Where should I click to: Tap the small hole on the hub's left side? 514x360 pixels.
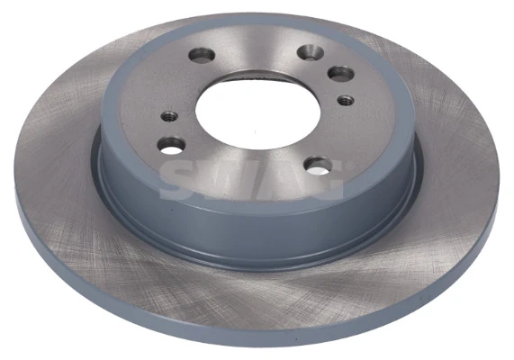tap(168, 116)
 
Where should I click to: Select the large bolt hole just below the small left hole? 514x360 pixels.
tap(171, 144)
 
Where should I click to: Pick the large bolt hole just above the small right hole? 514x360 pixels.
tap(339, 74)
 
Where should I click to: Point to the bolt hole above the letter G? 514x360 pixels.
tap(318, 165)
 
